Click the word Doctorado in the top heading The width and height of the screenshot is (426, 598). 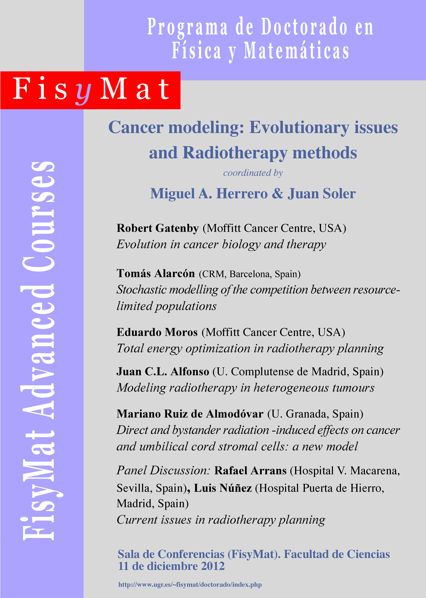(304, 27)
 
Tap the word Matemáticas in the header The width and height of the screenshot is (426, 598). (296, 51)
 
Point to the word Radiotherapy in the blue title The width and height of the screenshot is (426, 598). (235, 153)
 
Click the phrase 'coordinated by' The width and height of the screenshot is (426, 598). (253, 173)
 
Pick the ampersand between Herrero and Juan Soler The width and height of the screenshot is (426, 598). (278, 194)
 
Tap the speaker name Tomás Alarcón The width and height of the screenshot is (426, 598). (156, 273)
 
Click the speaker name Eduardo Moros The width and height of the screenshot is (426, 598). (157, 332)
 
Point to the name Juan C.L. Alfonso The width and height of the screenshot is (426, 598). (163, 372)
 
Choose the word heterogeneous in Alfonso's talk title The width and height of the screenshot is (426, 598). (291, 388)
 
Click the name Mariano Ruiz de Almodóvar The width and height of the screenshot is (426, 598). (190, 414)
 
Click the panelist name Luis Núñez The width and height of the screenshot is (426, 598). (223, 488)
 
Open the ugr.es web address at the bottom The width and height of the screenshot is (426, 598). (190, 585)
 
